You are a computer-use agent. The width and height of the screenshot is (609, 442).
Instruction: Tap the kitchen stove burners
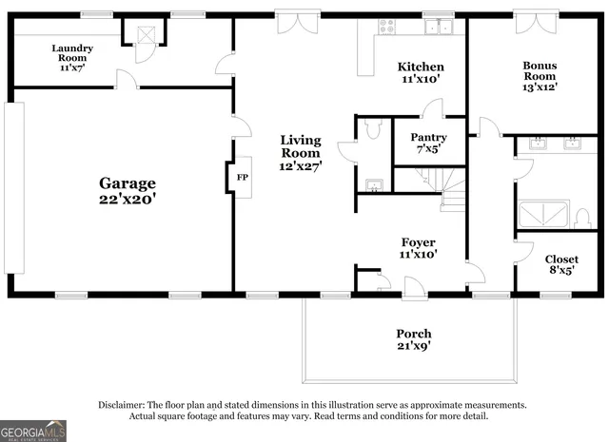(x=387, y=26)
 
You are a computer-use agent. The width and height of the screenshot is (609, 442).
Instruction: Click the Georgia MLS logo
(x=33, y=431)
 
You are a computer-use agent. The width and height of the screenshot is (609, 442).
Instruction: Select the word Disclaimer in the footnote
(x=122, y=404)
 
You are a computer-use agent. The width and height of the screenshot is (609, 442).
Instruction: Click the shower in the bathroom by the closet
(x=542, y=214)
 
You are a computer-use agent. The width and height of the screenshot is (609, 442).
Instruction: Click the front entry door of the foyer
(x=414, y=287)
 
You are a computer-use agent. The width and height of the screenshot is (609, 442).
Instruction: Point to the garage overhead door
(x=14, y=188)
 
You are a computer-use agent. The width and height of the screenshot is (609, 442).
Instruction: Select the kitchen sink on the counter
(x=439, y=27)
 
